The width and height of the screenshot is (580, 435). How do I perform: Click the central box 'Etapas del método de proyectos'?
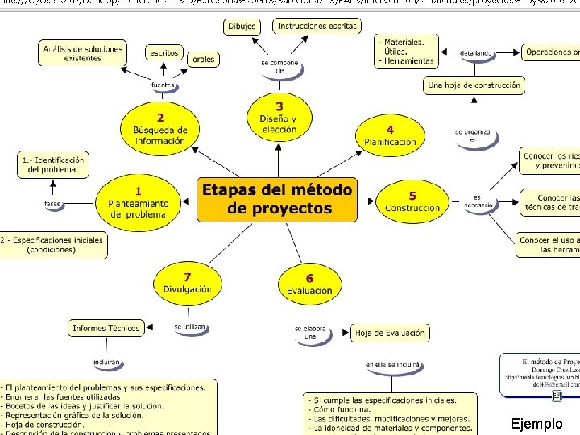[x=277, y=200]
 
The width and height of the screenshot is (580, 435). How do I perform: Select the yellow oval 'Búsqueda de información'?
[x=160, y=129]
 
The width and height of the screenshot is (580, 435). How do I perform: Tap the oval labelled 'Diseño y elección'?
[x=279, y=118]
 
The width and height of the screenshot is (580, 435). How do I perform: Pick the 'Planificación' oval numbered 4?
[x=390, y=136]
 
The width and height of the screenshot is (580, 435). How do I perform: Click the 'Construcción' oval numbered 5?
[x=412, y=202]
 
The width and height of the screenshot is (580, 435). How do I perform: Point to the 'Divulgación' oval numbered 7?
[x=187, y=284]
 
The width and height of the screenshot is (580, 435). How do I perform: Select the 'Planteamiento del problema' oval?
[x=138, y=203]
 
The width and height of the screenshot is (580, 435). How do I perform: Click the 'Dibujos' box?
[x=242, y=27]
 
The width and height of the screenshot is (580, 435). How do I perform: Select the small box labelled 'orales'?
[x=203, y=60]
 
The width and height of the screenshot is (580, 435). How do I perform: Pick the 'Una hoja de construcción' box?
[x=474, y=85]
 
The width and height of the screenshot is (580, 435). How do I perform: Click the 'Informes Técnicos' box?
[x=106, y=328]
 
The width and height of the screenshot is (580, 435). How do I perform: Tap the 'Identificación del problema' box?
[x=53, y=164]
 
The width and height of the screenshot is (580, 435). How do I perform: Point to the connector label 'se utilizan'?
[x=190, y=327]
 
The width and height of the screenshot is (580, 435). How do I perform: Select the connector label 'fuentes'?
[x=163, y=85]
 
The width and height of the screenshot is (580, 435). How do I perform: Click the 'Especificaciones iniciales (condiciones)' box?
[x=52, y=245]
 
